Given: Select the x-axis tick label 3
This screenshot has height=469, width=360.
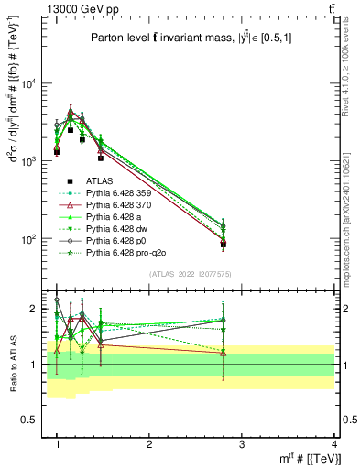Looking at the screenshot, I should [x=242, y=443].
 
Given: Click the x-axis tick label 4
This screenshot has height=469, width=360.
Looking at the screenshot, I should [x=334, y=443].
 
